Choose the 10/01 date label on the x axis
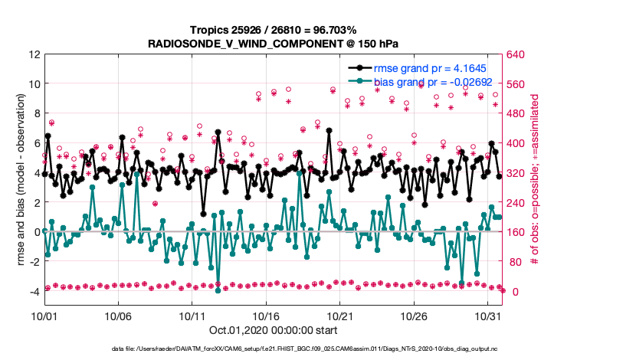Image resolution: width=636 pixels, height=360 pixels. point(44,316)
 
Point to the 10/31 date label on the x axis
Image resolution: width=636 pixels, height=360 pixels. point(488,316)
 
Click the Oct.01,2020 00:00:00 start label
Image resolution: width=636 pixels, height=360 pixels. point(272,331)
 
